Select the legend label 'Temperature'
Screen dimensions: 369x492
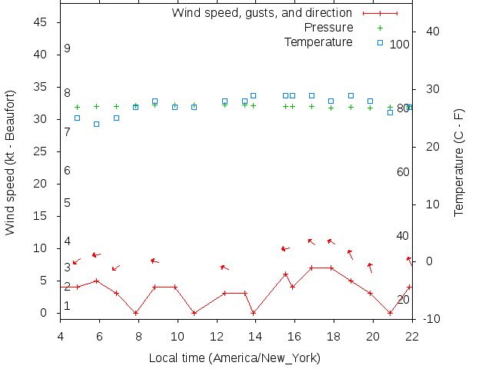(x=318, y=42)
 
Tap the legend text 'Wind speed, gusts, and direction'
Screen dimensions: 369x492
(x=261, y=13)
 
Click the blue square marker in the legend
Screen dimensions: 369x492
(x=380, y=42)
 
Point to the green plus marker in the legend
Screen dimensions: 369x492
(x=380, y=28)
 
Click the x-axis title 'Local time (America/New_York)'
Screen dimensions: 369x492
(x=234, y=358)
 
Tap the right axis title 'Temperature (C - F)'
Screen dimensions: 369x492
(x=459, y=162)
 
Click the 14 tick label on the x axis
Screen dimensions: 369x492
(x=256, y=335)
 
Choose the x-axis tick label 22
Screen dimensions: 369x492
(x=412, y=335)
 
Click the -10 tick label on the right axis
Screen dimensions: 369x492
(x=431, y=319)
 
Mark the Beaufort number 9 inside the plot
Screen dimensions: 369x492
(x=68, y=48)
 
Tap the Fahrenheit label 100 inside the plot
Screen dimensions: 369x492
(x=399, y=45)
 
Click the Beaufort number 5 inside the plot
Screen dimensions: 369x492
(x=68, y=203)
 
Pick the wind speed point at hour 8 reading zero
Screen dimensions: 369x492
(x=136, y=313)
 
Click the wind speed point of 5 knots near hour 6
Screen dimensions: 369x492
(x=96, y=281)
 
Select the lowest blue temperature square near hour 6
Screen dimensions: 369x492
(x=96, y=124)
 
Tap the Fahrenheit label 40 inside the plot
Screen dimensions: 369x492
(x=402, y=235)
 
